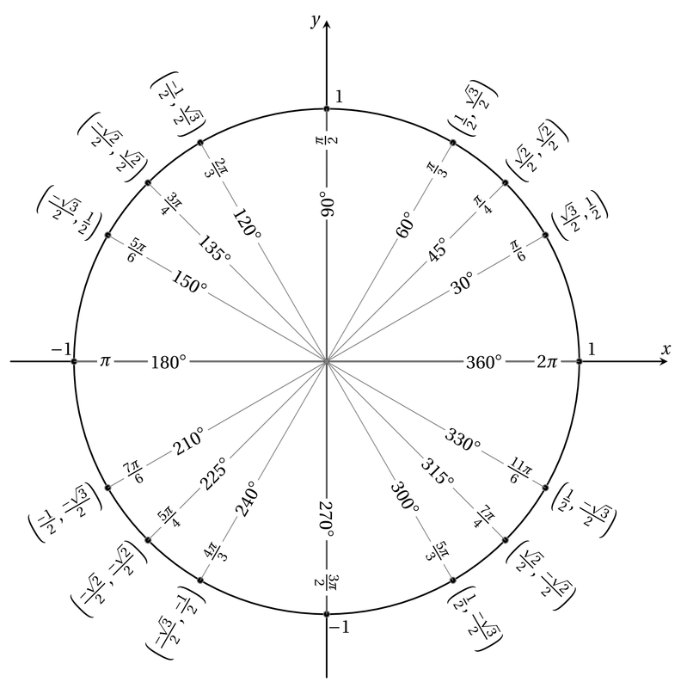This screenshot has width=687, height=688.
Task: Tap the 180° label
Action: tap(168, 362)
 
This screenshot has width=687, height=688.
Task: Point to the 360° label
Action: tap(484, 362)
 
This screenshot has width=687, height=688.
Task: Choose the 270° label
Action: tap(326, 519)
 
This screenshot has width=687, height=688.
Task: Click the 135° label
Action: tap(215, 249)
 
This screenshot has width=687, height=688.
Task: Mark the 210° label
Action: tap(189, 441)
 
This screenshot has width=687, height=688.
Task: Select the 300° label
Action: tap(405, 500)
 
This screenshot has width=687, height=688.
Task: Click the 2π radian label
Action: tap(547, 362)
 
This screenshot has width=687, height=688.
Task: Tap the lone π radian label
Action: tap(105, 362)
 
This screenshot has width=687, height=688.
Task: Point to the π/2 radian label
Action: tap(326, 140)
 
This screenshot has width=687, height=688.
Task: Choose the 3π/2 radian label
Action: tap(326, 583)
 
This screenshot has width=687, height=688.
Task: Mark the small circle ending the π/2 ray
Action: tap(326, 108)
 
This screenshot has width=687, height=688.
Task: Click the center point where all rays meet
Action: tap(326, 362)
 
